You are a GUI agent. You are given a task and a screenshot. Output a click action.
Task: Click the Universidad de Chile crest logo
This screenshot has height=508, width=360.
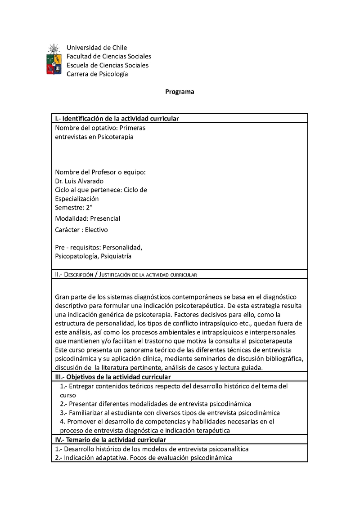click(54, 59)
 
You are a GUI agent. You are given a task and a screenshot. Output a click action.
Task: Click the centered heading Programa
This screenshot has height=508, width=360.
click(180, 92)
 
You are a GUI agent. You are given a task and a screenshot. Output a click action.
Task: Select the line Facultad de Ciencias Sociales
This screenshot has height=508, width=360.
click(108, 56)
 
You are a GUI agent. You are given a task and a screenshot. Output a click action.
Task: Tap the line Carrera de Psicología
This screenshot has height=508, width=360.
click(97, 74)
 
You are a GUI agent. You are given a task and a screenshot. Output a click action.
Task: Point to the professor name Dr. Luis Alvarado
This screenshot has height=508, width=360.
click(79, 181)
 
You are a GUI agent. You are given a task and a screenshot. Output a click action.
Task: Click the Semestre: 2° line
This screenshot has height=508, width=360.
click(73, 207)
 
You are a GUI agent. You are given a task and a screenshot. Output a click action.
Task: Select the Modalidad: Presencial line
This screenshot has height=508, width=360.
click(87, 218)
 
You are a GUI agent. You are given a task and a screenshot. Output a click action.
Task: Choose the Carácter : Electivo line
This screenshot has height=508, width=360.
click(81, 230)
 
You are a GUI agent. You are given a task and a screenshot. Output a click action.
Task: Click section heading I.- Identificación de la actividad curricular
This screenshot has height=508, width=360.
click(117, 119)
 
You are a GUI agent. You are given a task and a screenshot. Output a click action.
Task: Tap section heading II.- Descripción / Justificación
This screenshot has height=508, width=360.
click(126, 274)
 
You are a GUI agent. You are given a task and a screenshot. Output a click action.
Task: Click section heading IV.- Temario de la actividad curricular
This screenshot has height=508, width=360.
click(110, 440)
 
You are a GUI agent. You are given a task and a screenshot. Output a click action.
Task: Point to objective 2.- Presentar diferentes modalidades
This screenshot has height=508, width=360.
click(155, 404)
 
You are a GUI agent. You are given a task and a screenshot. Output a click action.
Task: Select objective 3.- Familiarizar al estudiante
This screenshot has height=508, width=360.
click(170, 413)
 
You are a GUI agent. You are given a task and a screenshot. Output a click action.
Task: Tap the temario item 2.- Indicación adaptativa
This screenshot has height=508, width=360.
click(143, 458)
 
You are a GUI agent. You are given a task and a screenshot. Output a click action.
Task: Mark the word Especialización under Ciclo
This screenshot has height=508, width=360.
click(76, 199)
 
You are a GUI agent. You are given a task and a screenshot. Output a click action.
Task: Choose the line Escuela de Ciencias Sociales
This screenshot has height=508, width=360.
click(107, 65)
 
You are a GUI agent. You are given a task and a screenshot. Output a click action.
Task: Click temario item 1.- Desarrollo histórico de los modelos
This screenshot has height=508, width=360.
click(152, 449)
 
